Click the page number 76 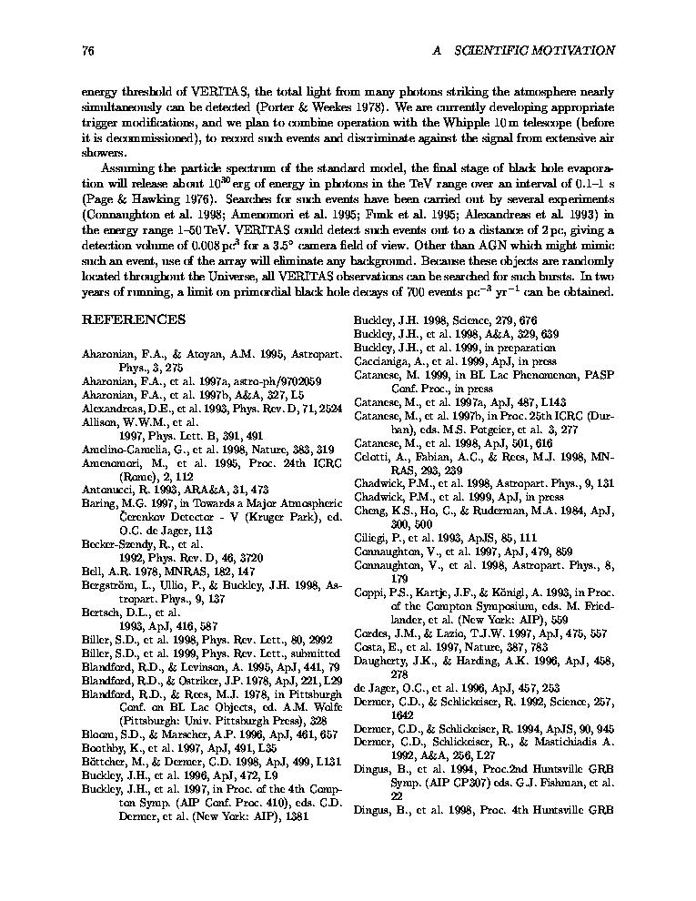[88, 50]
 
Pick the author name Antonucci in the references [109, 489]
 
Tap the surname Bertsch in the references [103, 613]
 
